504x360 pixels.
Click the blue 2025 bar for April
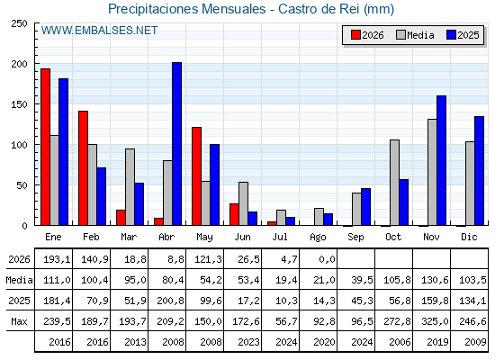(176, 144)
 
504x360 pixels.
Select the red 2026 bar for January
(45, 147)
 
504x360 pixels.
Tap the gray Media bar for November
(432, 172)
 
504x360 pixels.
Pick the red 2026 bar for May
(197, 176)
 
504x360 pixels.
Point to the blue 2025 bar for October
(404, 202)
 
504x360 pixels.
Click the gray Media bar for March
(130, 187)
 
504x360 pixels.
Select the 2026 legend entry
(367, 35)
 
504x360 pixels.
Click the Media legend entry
(415, 35)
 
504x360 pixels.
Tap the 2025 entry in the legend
(463, 35)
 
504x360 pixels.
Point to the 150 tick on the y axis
(19, 104)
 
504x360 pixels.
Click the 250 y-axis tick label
(19, 23)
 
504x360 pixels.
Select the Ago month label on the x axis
(318, 238)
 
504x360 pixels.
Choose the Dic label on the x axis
(469, 237)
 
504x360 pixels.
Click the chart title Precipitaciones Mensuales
(187, 9)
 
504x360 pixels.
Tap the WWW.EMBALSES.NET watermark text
(99, 31)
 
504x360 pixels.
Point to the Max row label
(19, 321)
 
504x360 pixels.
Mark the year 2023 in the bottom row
(248, 342)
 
